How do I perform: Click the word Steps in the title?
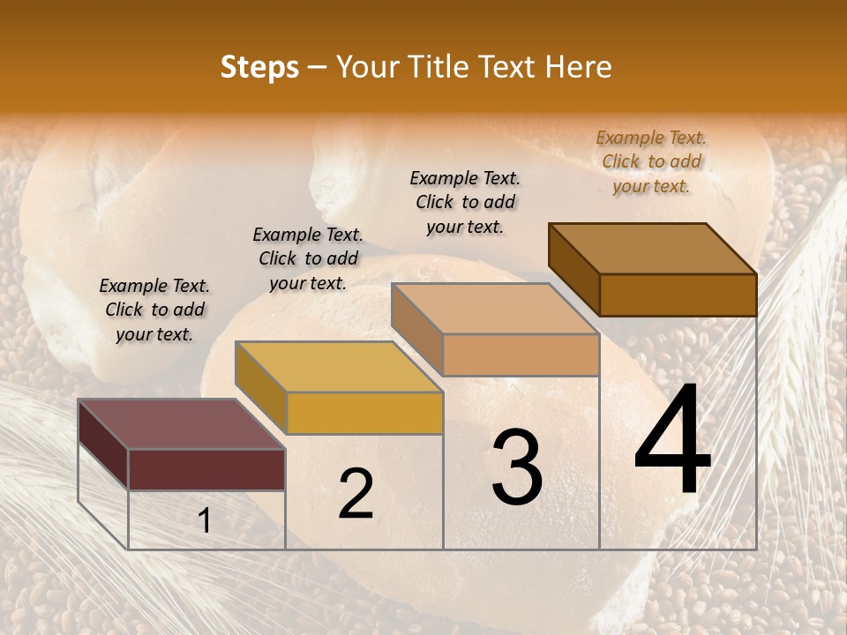pyautogui.click(x=259, y=67)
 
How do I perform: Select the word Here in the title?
pyautogui.click(x=579, y=67)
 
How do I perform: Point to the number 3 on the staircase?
pyautogui.click(x=517, y=467)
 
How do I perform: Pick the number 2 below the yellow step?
pyautogui.click(x=356, y=494)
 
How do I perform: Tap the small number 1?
pyautogui.click(x=205, y=521)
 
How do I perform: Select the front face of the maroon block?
pyautogui.click(x=207, y=469)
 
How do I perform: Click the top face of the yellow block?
pyautogui.click(x=339, y=367)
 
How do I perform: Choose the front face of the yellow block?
pyautogui.click(x=364, y=413)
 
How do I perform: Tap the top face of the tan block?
pyautogui.click(x=494, y=309)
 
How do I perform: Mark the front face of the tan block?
pyautogui.click(x=521, y=355)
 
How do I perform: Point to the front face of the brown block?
pyautogui.click(x=678, y=295)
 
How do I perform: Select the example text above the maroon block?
pyautogui.click(x=154, y=310)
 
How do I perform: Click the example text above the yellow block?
pyautogui.click(x=308, y=258)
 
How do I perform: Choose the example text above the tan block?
pyautogui.click(x=465, y=202)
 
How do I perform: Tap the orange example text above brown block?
pyautogui.click(x=651, y=161)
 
